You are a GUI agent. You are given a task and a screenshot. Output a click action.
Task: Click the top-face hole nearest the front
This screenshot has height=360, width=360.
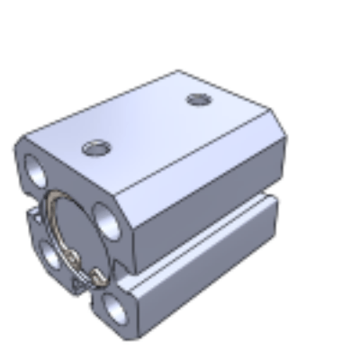click(94, 148)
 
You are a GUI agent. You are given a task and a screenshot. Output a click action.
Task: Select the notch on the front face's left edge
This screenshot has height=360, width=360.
click(31, 216)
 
